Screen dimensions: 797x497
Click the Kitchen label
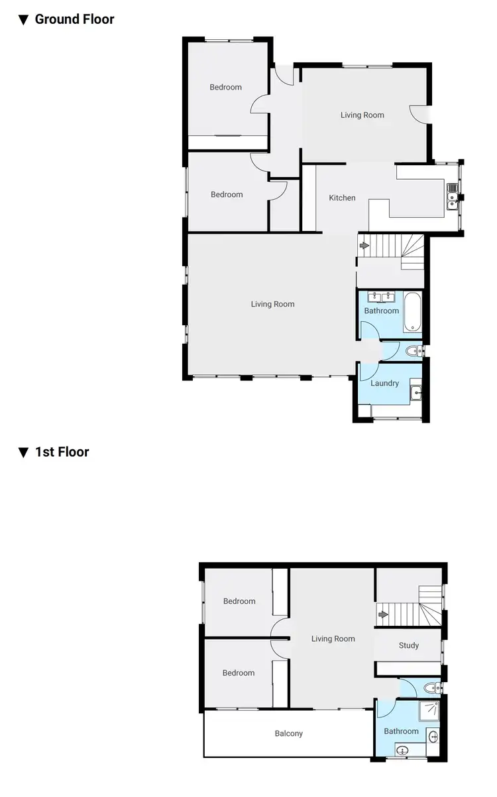tap(342, 198)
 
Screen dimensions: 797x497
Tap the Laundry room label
tap(384, 383)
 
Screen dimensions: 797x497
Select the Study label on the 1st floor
tap(408, 645)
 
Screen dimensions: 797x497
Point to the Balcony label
tap(288, 733)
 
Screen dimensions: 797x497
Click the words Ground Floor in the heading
tap(74, 19)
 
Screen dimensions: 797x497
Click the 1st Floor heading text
tap(62, 452)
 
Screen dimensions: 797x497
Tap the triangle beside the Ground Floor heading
tap(23, 20)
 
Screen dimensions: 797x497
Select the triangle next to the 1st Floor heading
tap(23, 453)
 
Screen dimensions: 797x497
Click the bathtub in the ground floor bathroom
tap(412, 311)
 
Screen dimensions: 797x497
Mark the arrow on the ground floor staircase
tap(364, 246)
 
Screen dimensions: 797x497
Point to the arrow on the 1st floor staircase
tap(382, 615)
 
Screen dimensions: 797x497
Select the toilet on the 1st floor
tap(430, 688)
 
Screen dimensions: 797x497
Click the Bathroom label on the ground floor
tap(381, 311)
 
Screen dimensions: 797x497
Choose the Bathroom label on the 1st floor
tap(401, 731)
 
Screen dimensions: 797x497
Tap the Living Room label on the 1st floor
tap(333, 638)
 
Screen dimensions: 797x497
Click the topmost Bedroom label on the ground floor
tap(226, 87)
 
